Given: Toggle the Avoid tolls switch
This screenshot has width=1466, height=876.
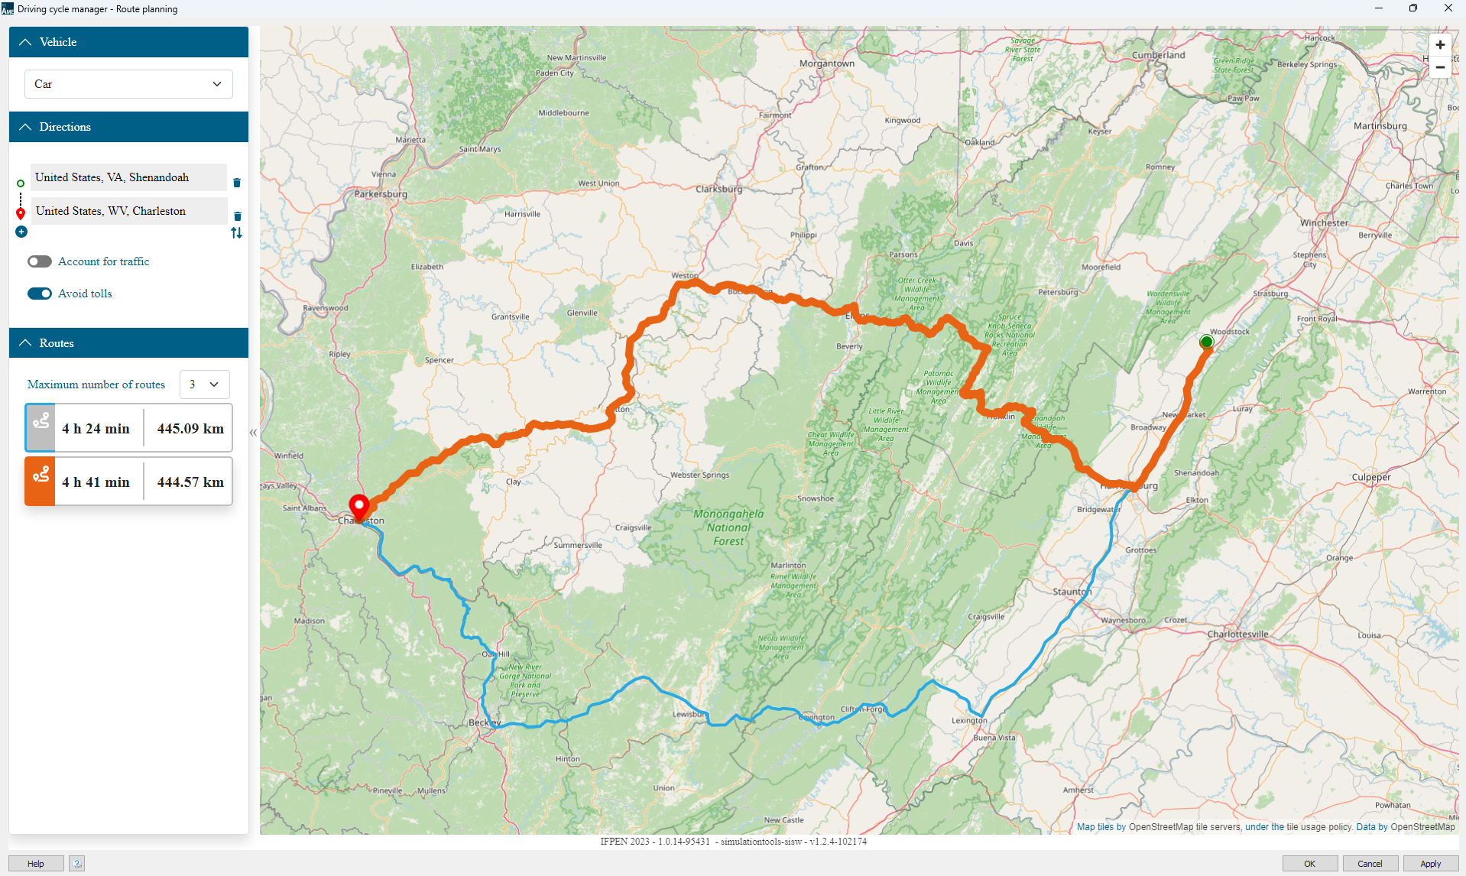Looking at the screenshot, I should (x=40, y=294).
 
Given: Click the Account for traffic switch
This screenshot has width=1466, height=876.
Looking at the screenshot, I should (x=40, y=261).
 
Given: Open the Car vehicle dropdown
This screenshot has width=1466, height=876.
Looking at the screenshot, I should (x=128, y=84).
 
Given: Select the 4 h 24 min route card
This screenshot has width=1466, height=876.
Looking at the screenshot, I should (x=128, y=428).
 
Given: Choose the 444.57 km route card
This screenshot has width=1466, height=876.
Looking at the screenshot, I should (x=128, y=482).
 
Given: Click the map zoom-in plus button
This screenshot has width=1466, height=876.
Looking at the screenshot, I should (x=1440, y=45).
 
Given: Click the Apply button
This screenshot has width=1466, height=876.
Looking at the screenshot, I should (x=1430, y=864).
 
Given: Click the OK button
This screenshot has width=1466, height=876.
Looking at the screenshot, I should (x=1309, y=864).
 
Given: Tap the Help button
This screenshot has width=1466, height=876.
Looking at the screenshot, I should (x=36, y=864).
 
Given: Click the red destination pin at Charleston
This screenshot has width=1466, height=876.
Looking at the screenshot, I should (x=359, y=506).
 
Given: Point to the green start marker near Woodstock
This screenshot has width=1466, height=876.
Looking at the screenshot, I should (x=1206, y=342).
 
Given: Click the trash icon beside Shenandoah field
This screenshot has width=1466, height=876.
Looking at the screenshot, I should (x=237, y=183).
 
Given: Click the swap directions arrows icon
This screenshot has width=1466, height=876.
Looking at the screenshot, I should (x=237, y=233).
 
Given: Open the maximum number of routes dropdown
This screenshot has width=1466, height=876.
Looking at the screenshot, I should (x=204, y=384).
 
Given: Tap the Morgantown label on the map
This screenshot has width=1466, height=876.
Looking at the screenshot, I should (x=827, y=63).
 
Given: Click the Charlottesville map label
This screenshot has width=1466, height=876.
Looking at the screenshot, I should (x=1237, y=634).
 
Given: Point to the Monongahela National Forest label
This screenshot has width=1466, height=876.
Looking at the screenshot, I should (x=728, y=527).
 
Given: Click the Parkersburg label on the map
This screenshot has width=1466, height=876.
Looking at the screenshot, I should (x=381, y=194).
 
